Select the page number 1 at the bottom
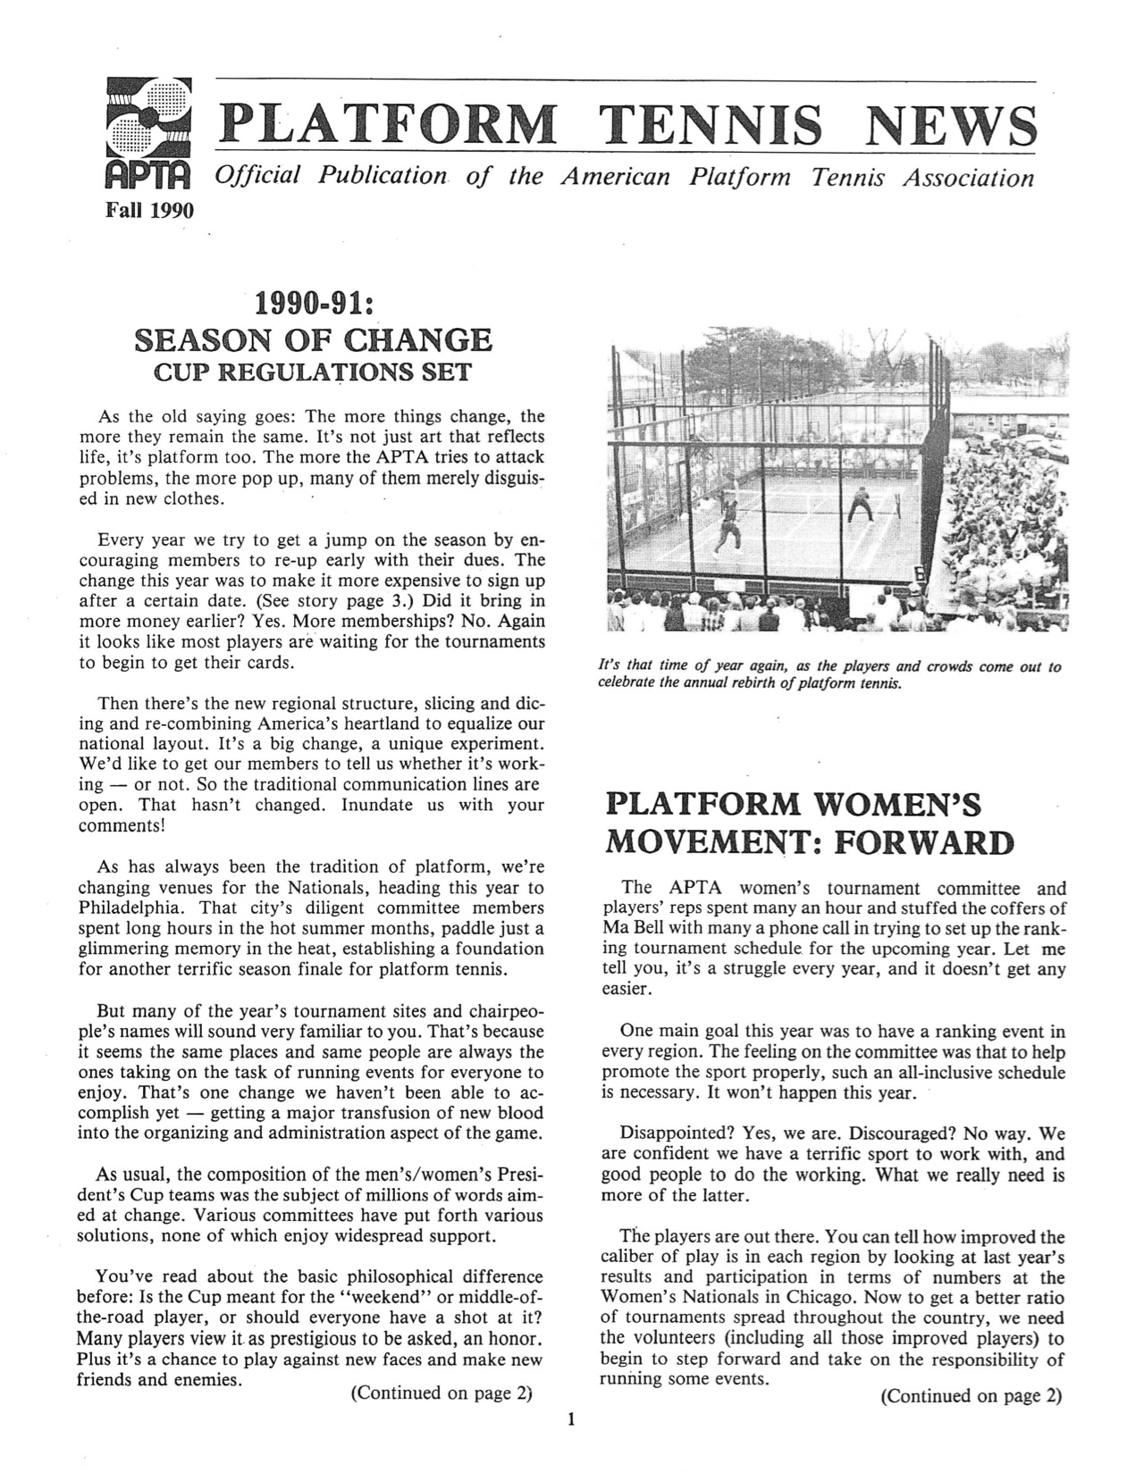coord(570,1419)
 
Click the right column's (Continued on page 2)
coord(971,1395)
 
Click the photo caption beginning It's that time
coord(829,675)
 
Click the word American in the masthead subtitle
coord(614,177)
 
